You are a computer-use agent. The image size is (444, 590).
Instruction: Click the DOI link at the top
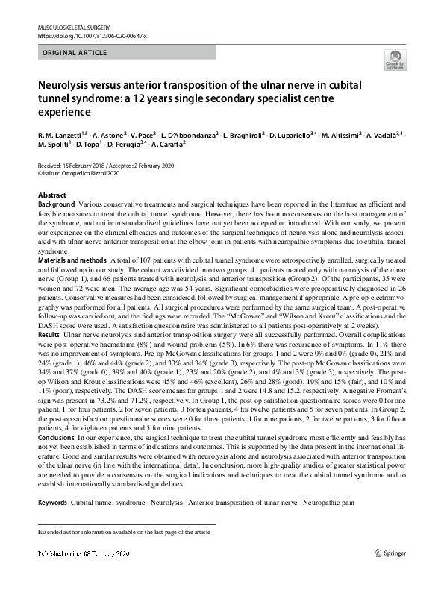click(x=89, y=36)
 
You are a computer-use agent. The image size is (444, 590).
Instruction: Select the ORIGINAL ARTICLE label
click(x=75, y=53)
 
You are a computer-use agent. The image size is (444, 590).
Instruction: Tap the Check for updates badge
click(x=393, y=62)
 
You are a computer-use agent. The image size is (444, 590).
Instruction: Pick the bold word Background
click(x=56, y=204)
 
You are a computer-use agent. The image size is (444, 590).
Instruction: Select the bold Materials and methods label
click(x=71, y=258)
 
